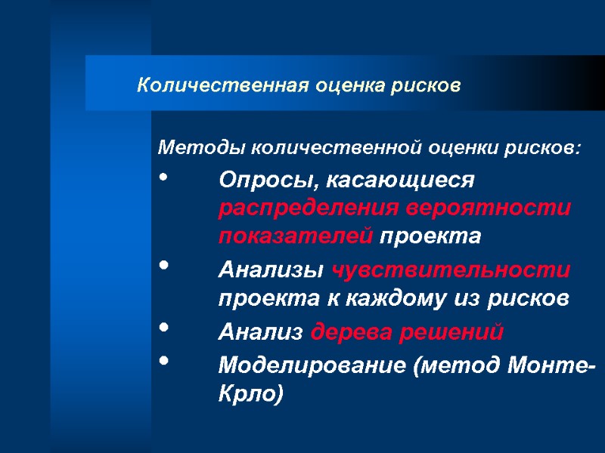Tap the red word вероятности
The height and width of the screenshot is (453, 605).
coord(489,208)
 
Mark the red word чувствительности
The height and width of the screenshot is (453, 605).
coord(451,269)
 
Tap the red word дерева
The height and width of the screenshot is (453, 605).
coord(352,331)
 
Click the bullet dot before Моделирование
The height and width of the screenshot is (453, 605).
coord(165,362)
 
